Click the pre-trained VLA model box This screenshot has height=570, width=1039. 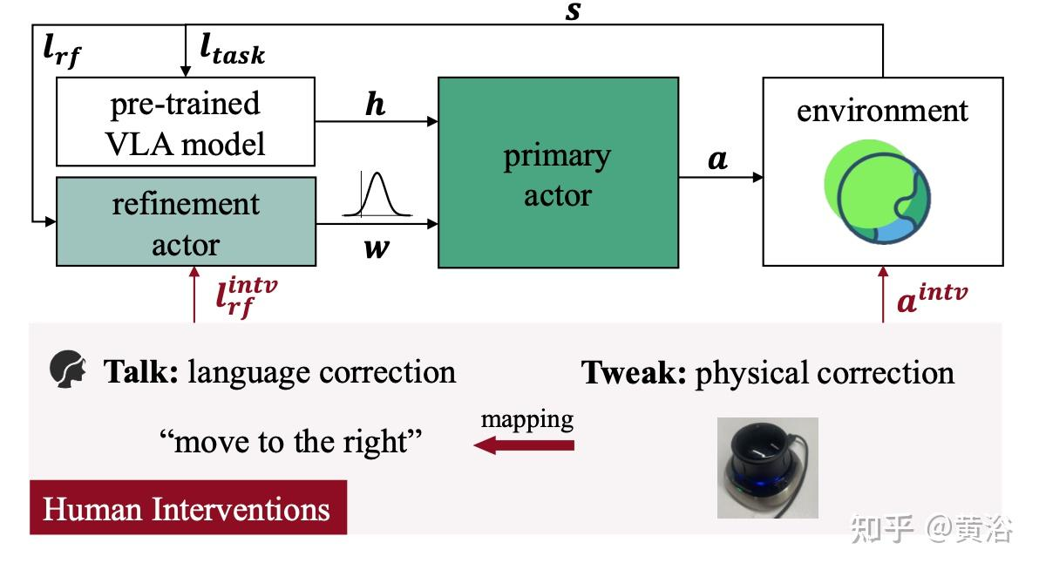click(x=185, y=121)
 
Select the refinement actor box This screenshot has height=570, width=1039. click(x=185, y=222)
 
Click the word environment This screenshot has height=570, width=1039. click(x=882, y=111)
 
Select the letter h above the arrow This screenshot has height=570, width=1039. click(x=375, y=105)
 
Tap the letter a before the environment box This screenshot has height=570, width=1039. click(x=717, y=159)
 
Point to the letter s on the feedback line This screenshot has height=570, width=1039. click(x=573, y=12)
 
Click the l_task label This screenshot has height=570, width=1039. click(x=232, y=51)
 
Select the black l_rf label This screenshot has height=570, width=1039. click(x=63, y=51)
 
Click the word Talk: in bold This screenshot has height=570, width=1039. click(x=142, y=372)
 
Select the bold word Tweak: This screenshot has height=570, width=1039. click(x=634, y=373)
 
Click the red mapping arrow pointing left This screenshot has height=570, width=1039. click(x=524, y=445)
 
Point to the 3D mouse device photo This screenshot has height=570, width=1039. click(x=767, y=467)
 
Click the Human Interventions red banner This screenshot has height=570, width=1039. click(x=187, y=507)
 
